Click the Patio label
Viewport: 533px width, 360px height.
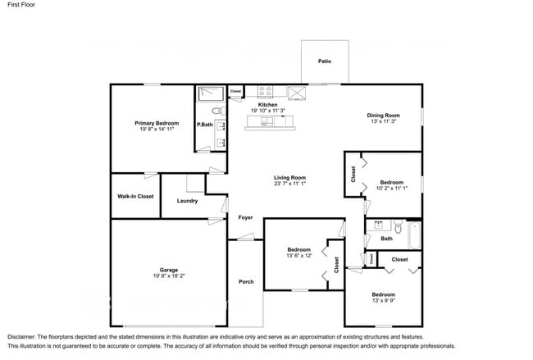coord(325,61)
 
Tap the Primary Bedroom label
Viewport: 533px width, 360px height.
coord(157,123)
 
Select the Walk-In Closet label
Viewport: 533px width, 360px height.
coord(135,196)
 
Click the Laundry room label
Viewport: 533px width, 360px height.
coord(187,200)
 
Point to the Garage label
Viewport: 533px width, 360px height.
coord(169,270)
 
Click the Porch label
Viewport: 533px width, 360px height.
coord(246,282)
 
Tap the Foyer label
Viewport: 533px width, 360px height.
coord(245,217)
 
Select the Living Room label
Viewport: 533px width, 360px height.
coord(289,178)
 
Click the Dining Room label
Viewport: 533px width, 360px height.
coord(383,115)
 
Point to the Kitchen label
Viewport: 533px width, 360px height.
coord(267,105)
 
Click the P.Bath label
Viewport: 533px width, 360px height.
coord(204,125)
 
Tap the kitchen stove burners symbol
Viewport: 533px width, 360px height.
coord(266,92)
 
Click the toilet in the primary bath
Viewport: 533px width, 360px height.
coord(217,110)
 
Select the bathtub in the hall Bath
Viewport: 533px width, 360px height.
coord(414,236)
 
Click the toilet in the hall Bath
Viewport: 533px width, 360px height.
coord(397,226)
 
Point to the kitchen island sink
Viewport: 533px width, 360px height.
coord(267,121)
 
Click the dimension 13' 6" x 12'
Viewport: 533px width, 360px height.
coord(299,256)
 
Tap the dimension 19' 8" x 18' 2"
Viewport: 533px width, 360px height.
coord(169,277)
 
